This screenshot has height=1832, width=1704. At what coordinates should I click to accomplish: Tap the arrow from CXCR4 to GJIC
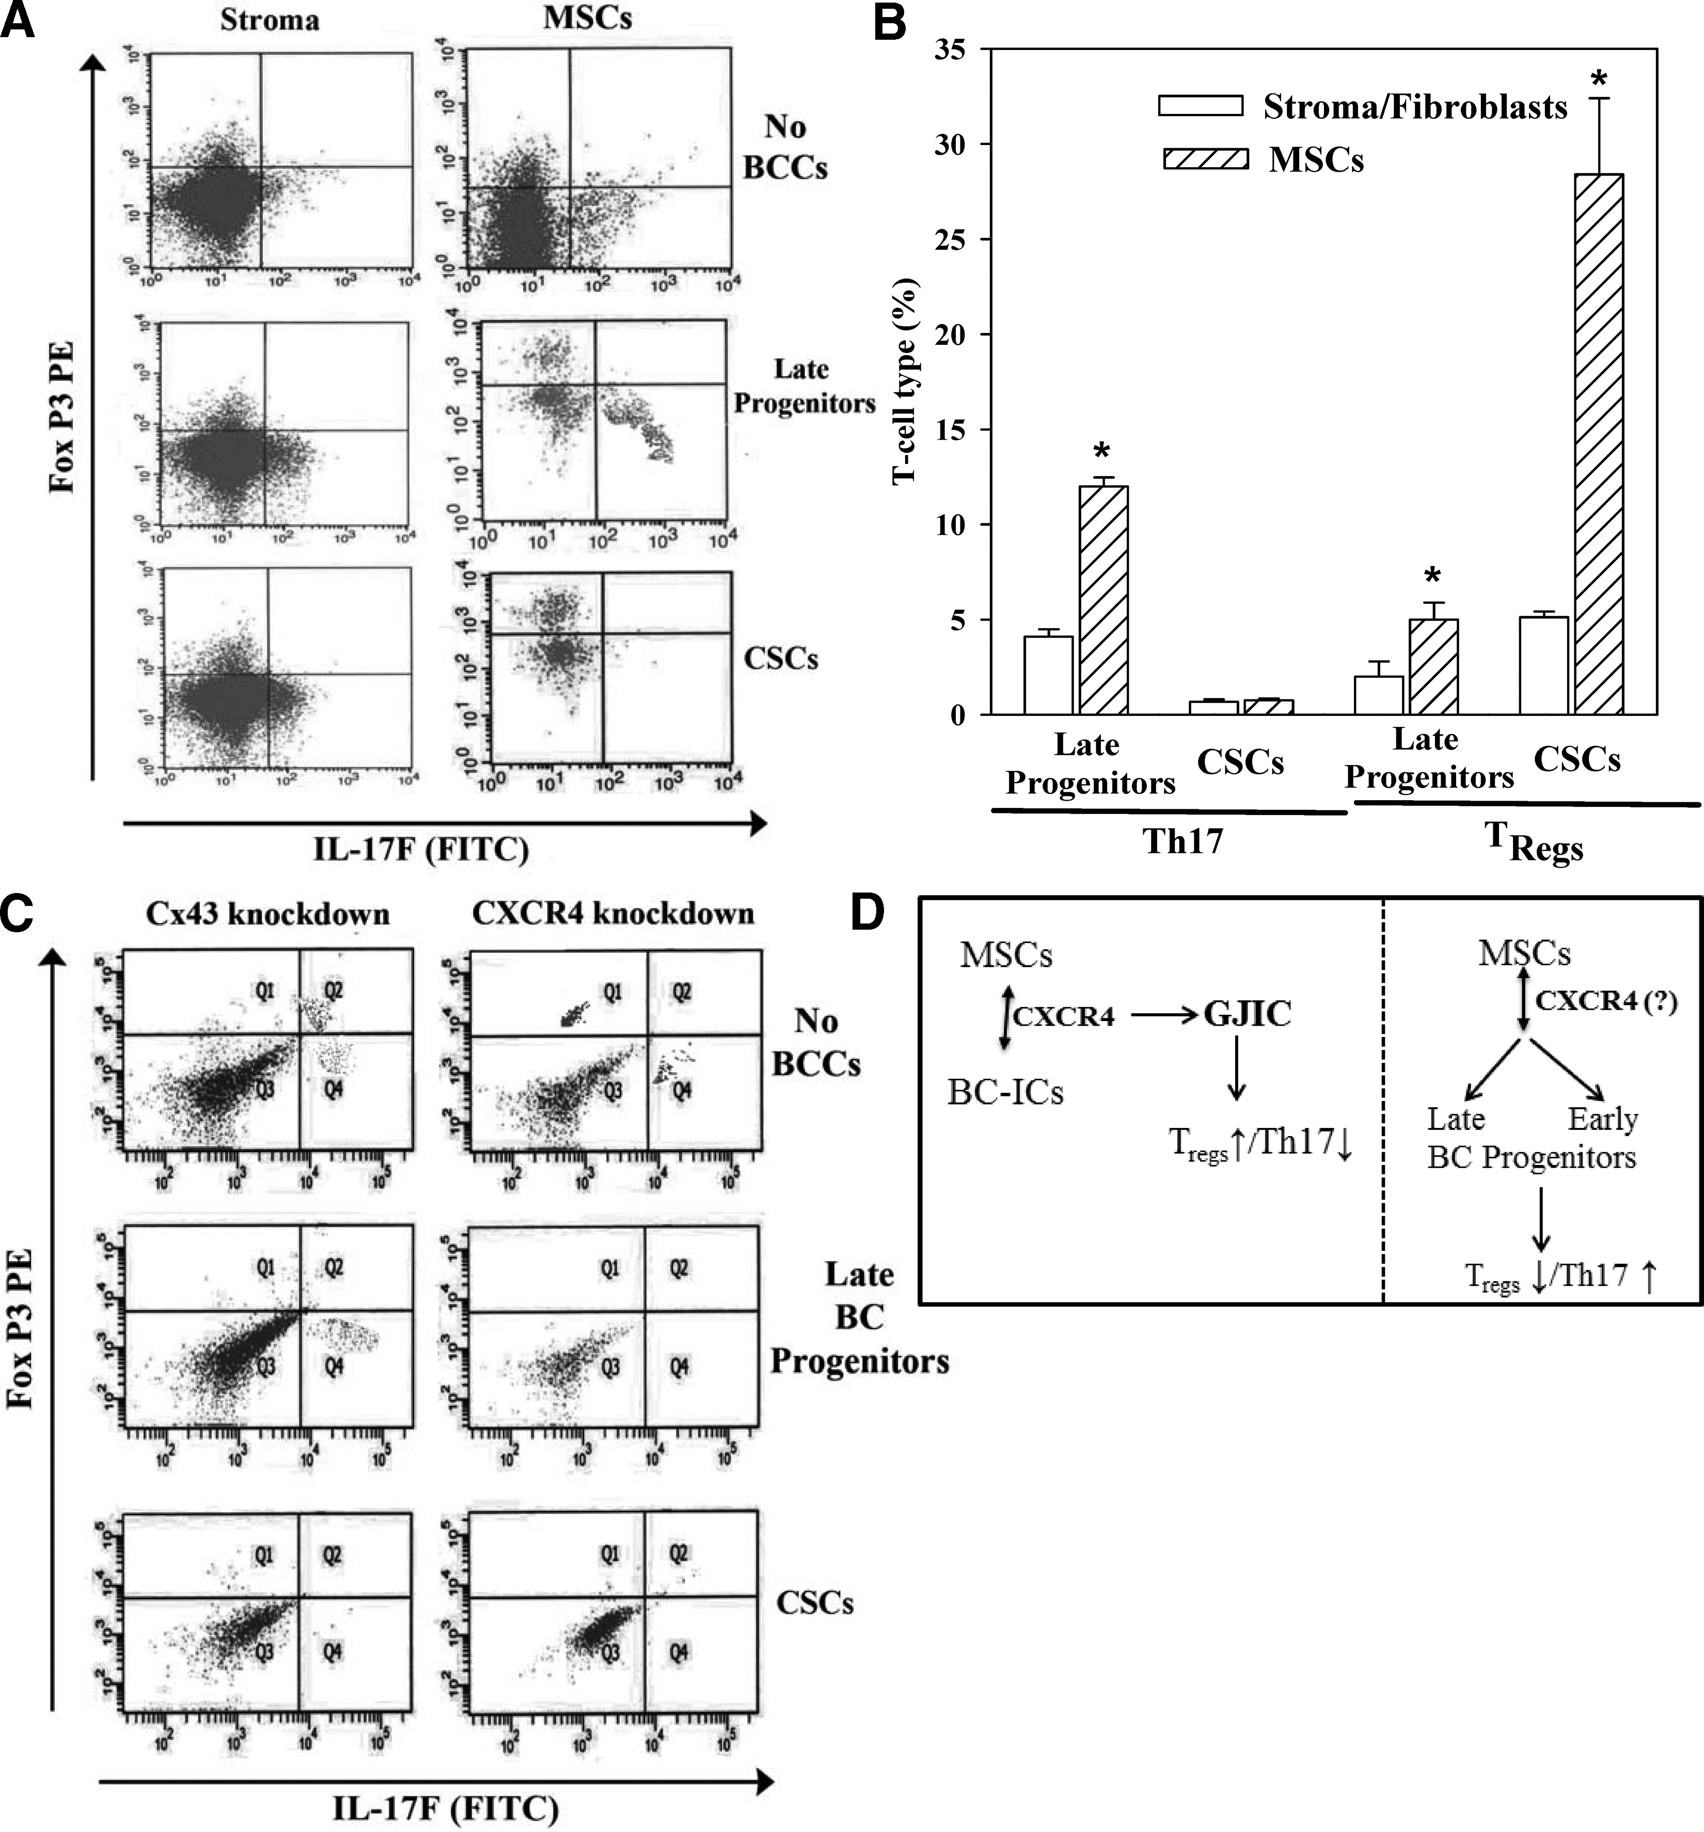coord(1163,1015)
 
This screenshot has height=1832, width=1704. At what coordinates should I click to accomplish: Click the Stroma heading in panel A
coord(269,20)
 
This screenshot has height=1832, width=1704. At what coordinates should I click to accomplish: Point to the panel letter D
coord(866,912)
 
